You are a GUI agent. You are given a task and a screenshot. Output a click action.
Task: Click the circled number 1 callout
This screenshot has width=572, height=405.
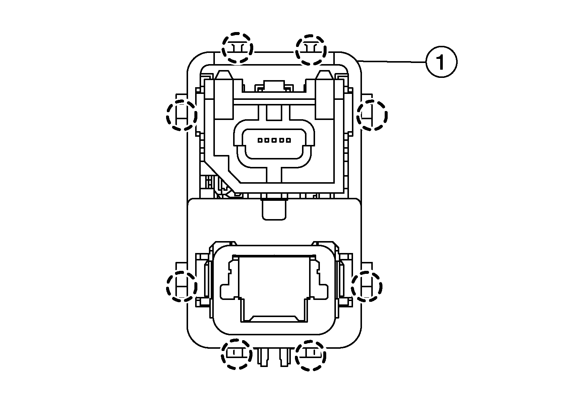(x=441, y=62)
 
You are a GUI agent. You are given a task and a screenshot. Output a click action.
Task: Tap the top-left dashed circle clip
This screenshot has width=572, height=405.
(x=237, y=48)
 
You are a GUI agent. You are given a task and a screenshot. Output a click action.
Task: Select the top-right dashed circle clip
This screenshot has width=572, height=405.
(x=311, y=50)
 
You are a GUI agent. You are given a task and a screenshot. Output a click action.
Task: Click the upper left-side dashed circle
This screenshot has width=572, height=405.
(x=182, y=115)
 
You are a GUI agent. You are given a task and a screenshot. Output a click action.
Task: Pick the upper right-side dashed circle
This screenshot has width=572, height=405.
(x=372, y=115)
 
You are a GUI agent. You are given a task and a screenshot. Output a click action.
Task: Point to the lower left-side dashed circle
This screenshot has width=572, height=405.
(x=182, y=287)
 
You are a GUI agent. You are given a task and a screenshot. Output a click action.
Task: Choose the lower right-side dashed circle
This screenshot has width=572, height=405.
(x=367, y=287)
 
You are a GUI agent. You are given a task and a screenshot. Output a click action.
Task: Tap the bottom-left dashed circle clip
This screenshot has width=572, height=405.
(x=236, y=354)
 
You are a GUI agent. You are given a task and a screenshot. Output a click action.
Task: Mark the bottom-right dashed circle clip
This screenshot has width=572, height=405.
(x=311, y=355)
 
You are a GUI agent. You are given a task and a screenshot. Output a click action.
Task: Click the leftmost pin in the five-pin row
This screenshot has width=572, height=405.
(x=260, y=140)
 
